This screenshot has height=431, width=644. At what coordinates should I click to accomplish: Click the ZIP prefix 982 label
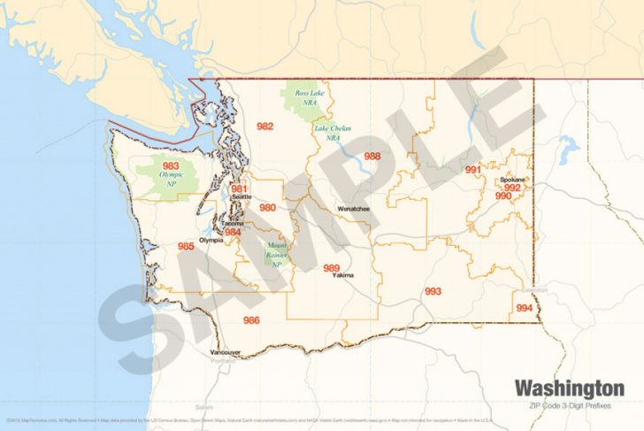(264, 127)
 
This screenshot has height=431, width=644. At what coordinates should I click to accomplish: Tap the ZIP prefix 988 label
(372, 156)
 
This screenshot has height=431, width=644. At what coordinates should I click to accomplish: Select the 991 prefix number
(473, 169)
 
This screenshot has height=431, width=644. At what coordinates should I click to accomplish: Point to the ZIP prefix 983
(171, 165)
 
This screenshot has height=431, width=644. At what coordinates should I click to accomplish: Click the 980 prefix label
(267, 207)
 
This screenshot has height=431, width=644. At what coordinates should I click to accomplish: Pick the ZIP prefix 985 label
(186, 245)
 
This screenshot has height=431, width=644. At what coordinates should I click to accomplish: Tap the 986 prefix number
(251, 319)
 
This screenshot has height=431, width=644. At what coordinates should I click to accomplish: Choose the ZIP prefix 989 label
(332, 267)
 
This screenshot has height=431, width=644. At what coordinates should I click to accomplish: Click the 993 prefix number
(433, 290)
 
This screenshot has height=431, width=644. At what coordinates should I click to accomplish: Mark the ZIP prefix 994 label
(525, 307)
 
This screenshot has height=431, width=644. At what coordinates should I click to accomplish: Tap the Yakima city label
(343, 275)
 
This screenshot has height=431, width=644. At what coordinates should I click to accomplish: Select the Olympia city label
(211, 240)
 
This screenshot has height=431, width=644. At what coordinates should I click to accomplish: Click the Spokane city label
(513, 180)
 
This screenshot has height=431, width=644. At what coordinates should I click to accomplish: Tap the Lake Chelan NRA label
(333, 133)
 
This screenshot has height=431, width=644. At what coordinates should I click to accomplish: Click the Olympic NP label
(172, 178)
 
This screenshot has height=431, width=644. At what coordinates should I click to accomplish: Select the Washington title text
(569, 388)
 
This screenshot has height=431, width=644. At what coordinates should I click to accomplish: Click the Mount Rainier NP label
(277, 253)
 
